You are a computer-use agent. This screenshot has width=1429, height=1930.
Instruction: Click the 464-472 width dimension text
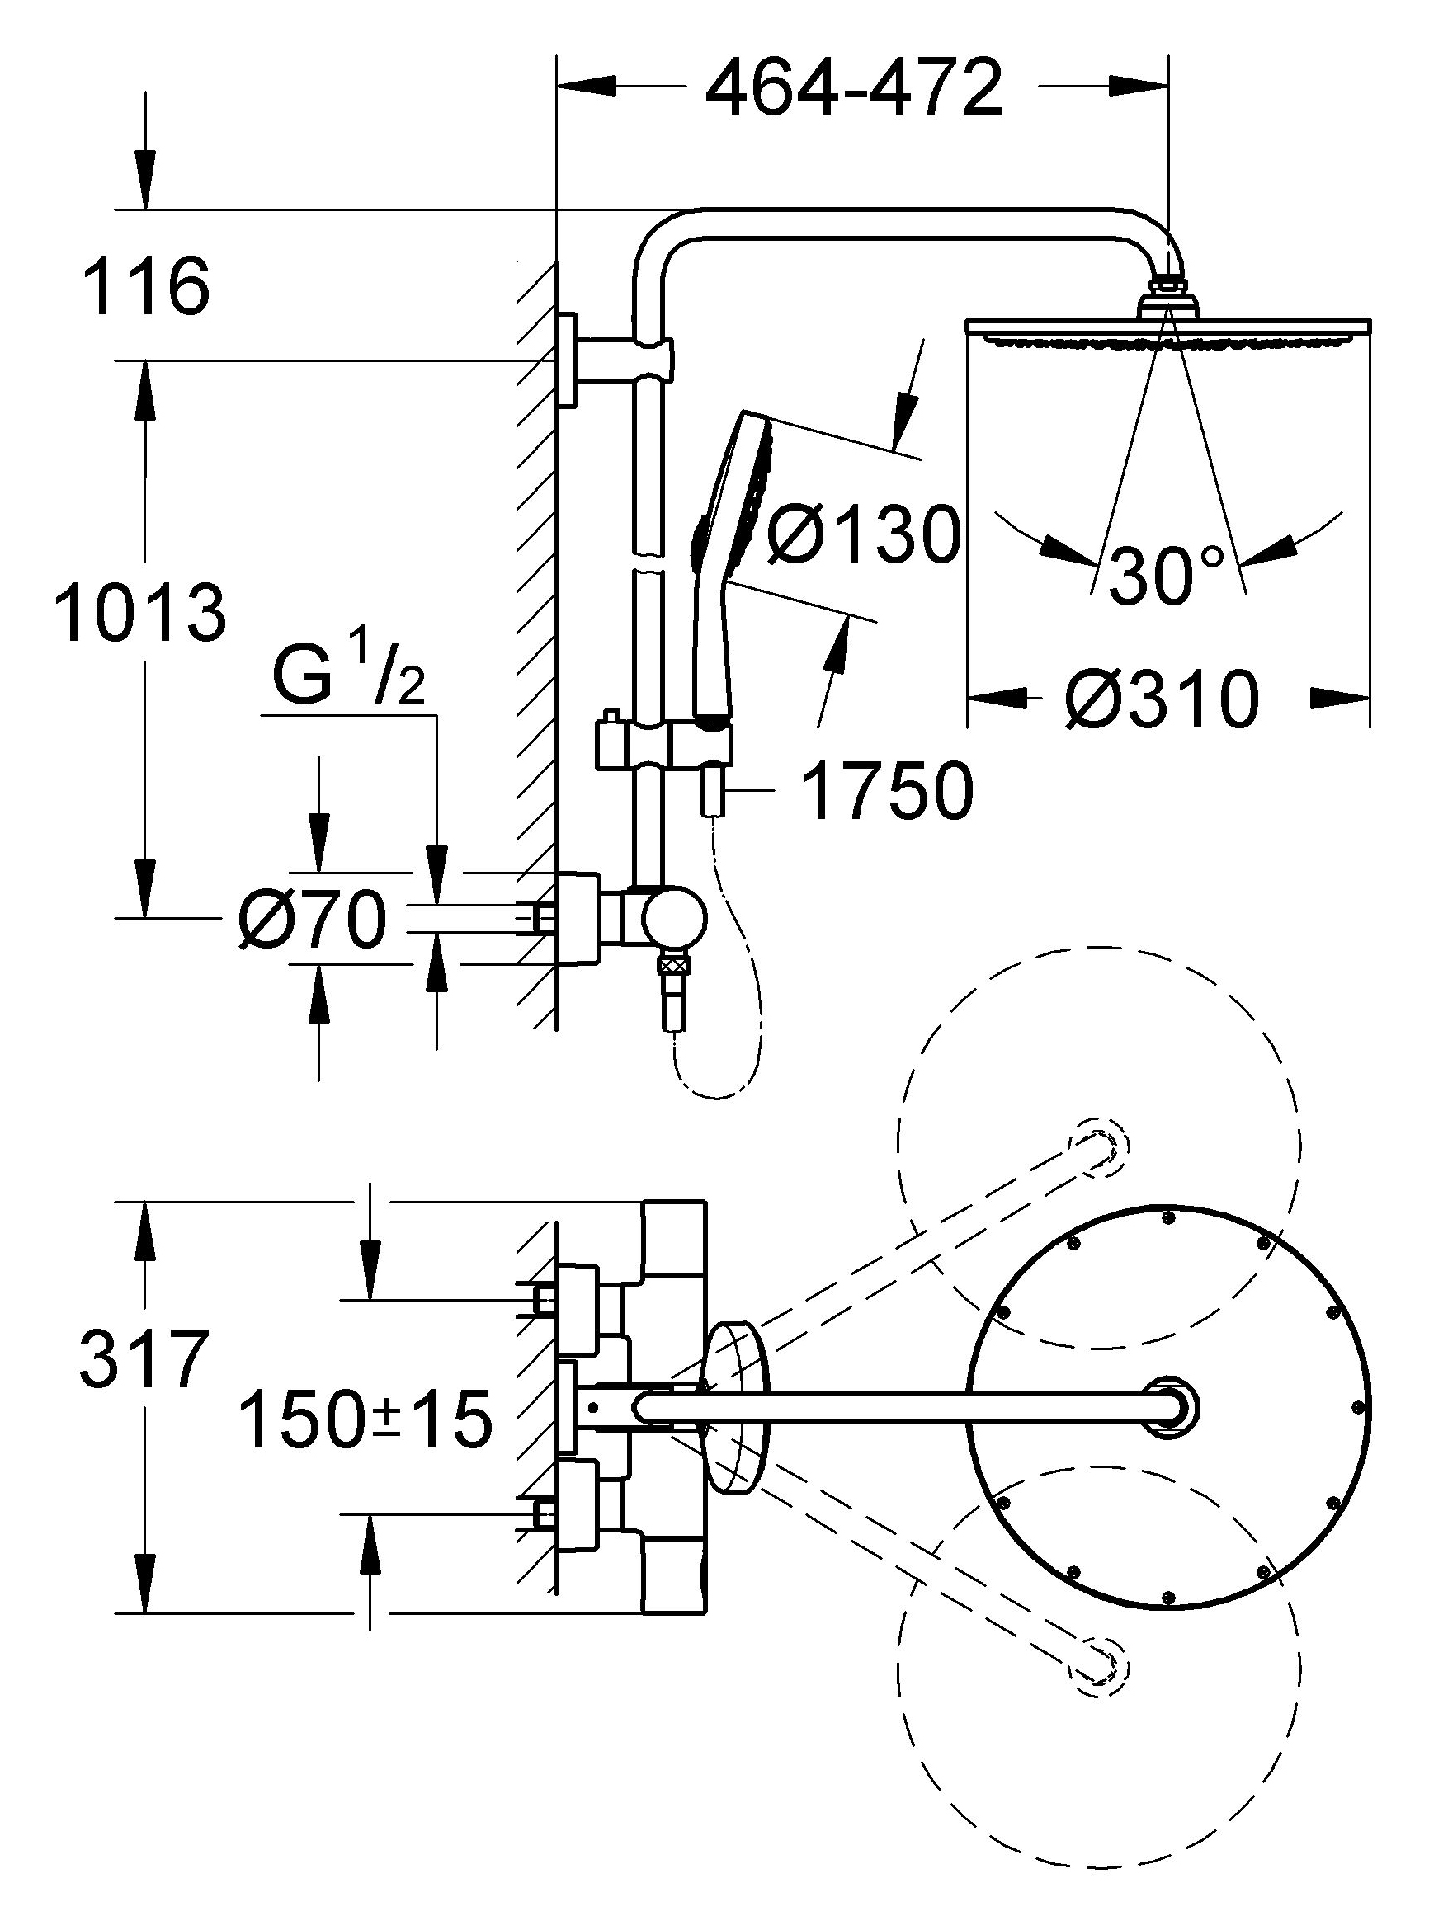(x=854, y=88)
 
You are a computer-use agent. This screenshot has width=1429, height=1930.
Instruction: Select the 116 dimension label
(x=146, y=287)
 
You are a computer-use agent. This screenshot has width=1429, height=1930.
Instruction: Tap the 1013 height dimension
(x=140, y=614)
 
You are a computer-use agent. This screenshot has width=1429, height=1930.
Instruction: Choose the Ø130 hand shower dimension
(x=864, y=534)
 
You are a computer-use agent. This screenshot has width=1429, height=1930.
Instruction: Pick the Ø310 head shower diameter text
(x=1161, y=699)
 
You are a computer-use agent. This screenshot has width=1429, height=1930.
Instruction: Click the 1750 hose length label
(x=888, y=791)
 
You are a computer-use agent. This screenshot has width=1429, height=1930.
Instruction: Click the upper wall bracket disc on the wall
(x=566, y=359)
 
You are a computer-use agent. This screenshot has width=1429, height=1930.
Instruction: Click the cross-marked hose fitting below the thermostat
(x=673, y=965)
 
